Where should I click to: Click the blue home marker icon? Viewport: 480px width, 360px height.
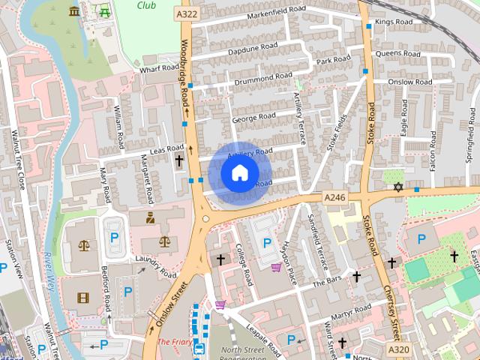pyautogui.click(x=238, y=173)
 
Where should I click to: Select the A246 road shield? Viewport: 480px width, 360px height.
pyautogui.click(x=334, y=196)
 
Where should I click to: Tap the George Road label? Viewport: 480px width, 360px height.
pyautogui.click(x=253, y=118)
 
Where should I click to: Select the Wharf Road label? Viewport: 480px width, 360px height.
pyautogui.click(x=157, y=67)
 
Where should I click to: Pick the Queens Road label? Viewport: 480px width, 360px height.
pyautogui.click(x=398, y=54)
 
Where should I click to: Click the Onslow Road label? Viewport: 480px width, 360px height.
pyautogui.click(x=412, y=82)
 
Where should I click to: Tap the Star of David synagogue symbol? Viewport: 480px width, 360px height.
pyautogui.click(x=397, y=186)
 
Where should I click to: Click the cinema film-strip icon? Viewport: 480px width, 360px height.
pyautogui.click(x=82, y=298)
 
